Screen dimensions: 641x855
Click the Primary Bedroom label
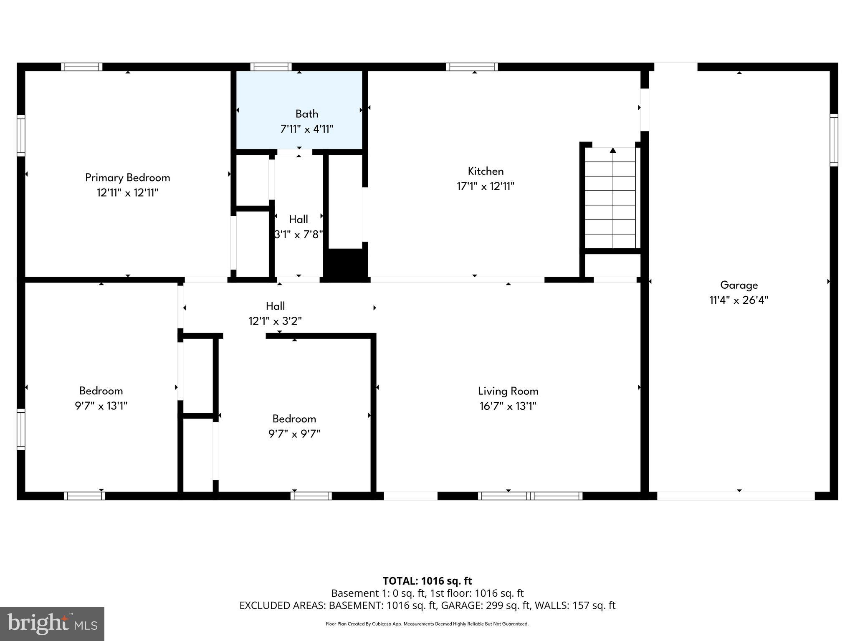[x=127, y=177]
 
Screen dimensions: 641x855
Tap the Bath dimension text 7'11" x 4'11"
[x=307, y=129]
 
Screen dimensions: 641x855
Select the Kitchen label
[x=486, y=171]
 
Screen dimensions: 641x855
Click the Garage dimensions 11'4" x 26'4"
[x=739, y=300]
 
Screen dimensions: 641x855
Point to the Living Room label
[x=508, y=391]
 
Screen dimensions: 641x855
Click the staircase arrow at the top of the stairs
[x=612, y=150]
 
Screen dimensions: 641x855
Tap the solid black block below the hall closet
[x=346, y=263]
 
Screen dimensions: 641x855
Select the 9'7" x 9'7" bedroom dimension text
[x=294, y=434]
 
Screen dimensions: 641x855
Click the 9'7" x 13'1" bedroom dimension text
[x=101, y=406]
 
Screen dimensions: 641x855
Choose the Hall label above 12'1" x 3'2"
[x=275, y=306]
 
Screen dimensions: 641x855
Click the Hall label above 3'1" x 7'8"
[x=298, y=219]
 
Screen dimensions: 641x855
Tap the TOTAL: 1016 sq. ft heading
[x=427, y=581]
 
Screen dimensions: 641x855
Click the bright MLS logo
[x=52, y=624]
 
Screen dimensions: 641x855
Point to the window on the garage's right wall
[x=833, y=140]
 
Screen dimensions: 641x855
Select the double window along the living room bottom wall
[x=530, y=496]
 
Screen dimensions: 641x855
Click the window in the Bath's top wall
[x=271, y=67]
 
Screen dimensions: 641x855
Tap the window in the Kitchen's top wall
[x=472, y=67]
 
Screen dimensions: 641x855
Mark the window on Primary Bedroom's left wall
[x=21, y=136]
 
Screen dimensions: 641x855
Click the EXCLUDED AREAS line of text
[x=427, y=606]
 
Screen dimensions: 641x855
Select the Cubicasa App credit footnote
[x=427, y=624]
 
